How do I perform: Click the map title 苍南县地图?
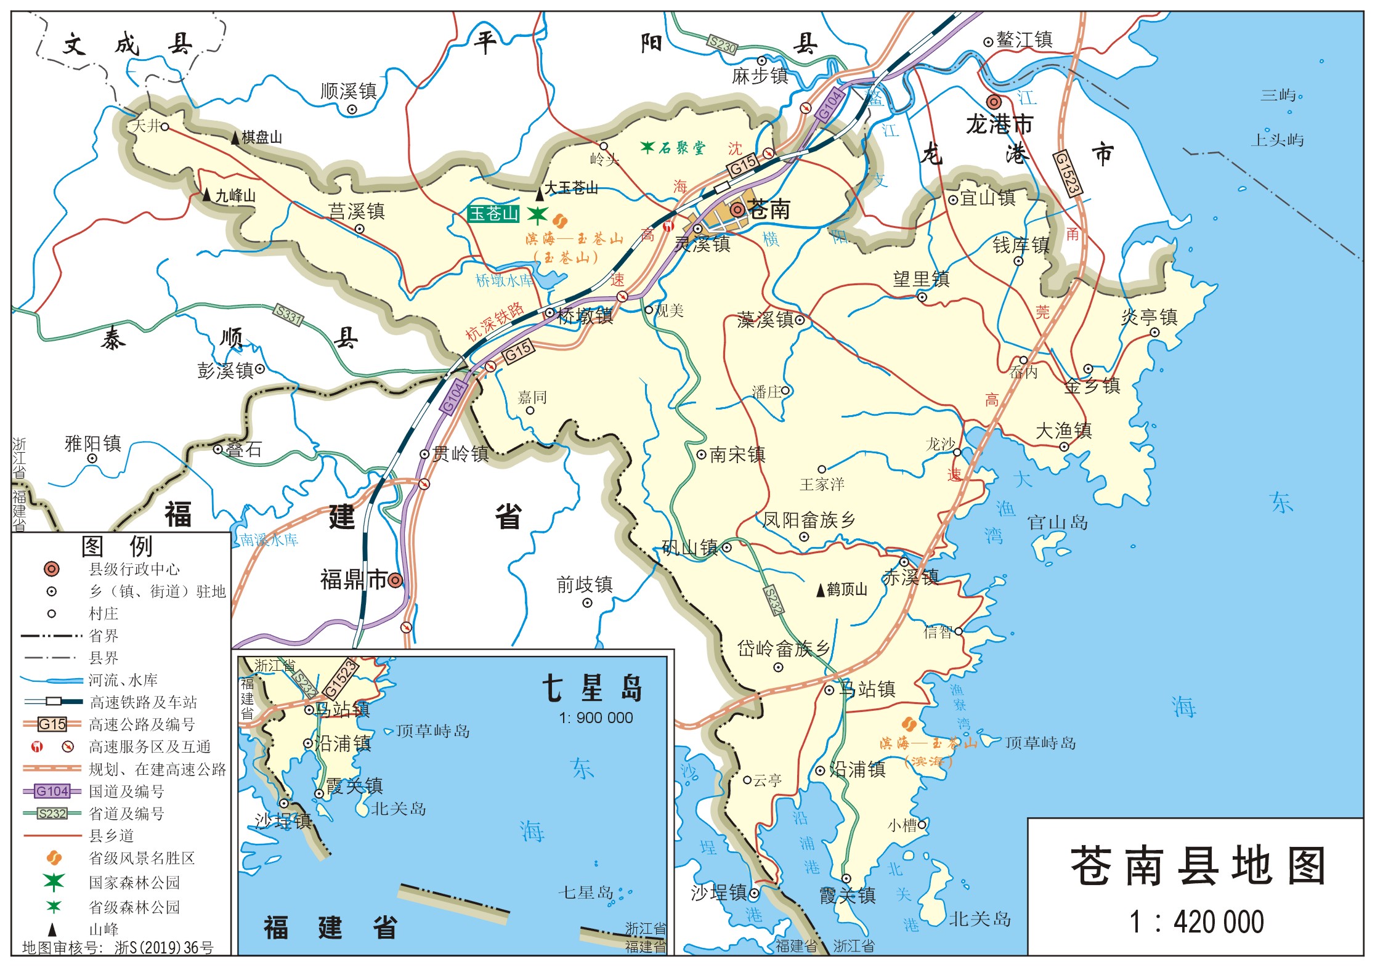1198,866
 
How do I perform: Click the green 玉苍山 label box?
493,214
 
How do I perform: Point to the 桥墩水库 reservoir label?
504,281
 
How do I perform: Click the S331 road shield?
288,315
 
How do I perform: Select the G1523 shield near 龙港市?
1067,173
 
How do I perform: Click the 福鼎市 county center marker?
395,580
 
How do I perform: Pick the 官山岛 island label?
1057,523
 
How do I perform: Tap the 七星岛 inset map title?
592,687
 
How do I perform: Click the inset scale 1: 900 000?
596,718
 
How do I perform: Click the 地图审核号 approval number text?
117,948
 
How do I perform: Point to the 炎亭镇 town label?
1149,317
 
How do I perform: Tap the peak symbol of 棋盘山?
235,139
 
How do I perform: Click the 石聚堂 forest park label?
681,148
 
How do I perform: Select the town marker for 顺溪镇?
352,110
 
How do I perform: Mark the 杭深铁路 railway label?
494,322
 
